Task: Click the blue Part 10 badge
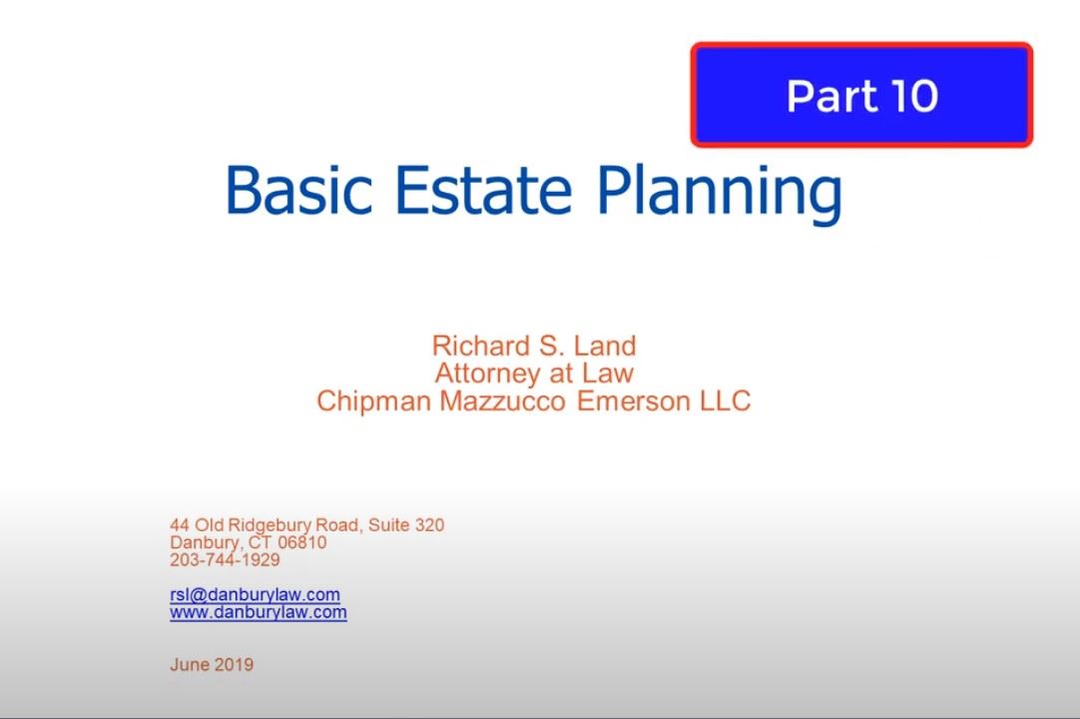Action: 860,95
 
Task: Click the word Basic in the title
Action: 299,190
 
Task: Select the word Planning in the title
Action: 719,192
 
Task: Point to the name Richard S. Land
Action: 533,347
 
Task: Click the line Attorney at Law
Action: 533,373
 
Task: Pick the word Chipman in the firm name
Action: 374,401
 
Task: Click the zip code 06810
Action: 301,542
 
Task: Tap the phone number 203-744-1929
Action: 225,560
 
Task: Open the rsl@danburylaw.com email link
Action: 255,594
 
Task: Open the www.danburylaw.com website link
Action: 258,612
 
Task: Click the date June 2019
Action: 212,664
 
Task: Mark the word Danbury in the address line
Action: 205,542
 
